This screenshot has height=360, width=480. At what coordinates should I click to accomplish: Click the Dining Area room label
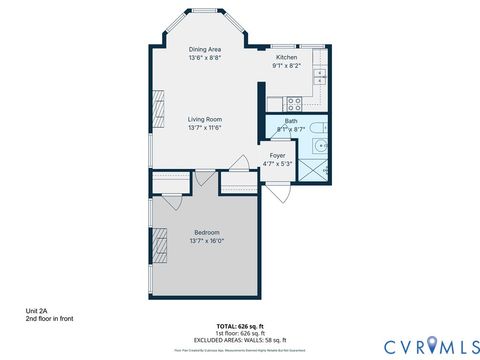[x=204, y=49]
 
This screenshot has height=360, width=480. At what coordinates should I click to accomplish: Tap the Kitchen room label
[x=288, y=57]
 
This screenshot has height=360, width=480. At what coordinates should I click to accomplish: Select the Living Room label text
[x=204, y=119]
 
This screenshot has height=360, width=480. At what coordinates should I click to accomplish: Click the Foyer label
[x=277, y=155]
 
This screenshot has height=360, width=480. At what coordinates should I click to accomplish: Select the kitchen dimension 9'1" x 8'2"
[x=288, y=66]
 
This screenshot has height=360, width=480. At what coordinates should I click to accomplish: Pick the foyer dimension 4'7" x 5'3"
[x=277, y=164]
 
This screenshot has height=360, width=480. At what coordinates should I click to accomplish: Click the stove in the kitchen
[x=295, y=102]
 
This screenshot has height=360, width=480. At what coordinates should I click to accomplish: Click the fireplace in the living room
[x=157, y=106]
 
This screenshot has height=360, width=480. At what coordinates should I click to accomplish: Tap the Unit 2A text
[x=37, y=312]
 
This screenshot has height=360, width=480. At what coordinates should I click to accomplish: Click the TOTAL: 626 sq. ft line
[x=240, y=326]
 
